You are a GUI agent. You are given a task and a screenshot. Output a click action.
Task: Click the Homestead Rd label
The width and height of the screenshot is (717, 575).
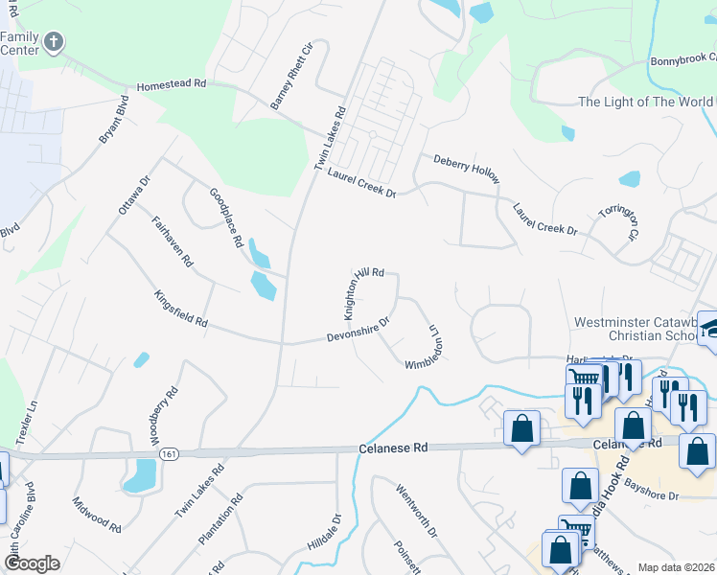click(172, 84)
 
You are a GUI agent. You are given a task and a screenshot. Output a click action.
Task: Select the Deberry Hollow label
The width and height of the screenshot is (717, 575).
click(467, 169)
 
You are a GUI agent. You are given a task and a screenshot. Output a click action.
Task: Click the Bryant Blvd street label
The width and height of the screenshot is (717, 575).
click(113, 120)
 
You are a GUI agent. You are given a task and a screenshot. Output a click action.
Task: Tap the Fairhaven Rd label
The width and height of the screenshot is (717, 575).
click(173, 241)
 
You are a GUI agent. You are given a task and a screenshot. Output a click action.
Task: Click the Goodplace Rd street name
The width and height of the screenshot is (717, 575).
click(226, 218)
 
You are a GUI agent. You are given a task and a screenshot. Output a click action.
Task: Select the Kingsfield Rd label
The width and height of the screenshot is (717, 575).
click(180, 310)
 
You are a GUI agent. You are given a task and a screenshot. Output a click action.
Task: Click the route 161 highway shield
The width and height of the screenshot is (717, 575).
click(169, 452)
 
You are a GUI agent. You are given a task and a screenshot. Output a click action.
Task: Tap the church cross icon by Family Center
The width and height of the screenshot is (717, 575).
click(54, 42)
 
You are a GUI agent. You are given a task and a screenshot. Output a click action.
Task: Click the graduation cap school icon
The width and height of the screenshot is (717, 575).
click(710, 327)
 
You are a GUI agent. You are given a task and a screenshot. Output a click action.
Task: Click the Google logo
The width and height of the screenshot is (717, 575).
click(32, 563)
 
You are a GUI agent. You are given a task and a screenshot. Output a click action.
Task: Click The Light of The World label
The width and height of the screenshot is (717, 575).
click(645, 103)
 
